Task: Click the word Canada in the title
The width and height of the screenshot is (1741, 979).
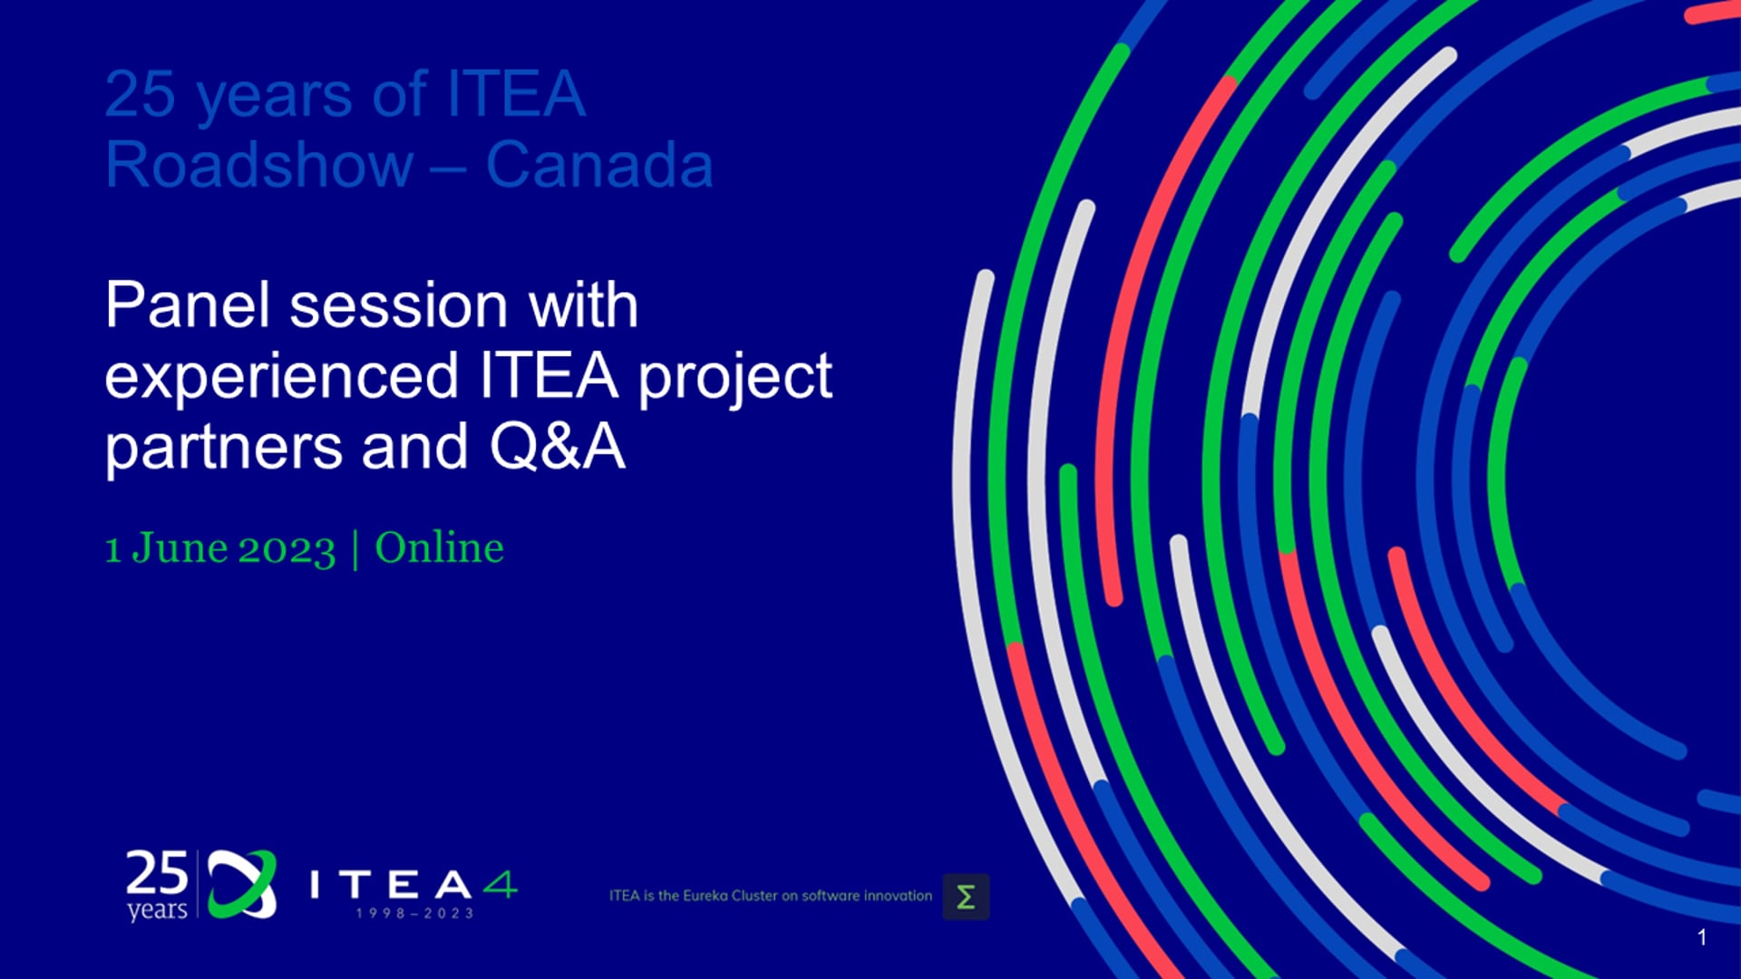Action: point(599,165)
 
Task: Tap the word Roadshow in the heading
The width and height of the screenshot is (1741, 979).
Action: point(259,165)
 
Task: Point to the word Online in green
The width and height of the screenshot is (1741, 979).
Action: point(440,548)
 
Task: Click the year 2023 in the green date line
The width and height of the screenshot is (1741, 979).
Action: point(287,549)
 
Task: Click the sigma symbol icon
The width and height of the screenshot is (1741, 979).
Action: point(966,897)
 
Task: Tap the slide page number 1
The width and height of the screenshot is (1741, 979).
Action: point(1702,937)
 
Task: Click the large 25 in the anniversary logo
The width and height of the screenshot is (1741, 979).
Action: point(157,874)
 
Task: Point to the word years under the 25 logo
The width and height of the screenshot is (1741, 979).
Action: point(157,909)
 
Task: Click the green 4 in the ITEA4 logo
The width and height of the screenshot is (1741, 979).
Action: point(500,884)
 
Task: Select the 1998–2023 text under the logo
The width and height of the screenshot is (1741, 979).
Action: point(414,913)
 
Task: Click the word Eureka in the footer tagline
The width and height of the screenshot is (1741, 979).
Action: point(705,896)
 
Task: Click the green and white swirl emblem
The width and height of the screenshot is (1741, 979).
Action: point(242,884)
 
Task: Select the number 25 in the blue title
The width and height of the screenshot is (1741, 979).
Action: point(141,93)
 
